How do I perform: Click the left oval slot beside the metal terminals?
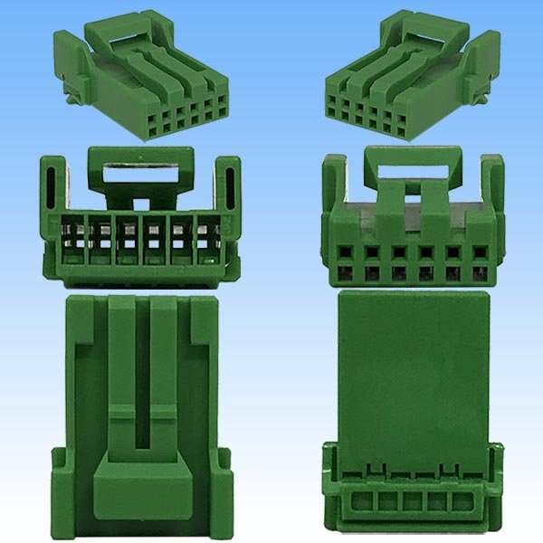point(53,185)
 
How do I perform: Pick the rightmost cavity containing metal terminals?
point(207,239)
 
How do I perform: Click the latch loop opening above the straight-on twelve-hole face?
point(412,169)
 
